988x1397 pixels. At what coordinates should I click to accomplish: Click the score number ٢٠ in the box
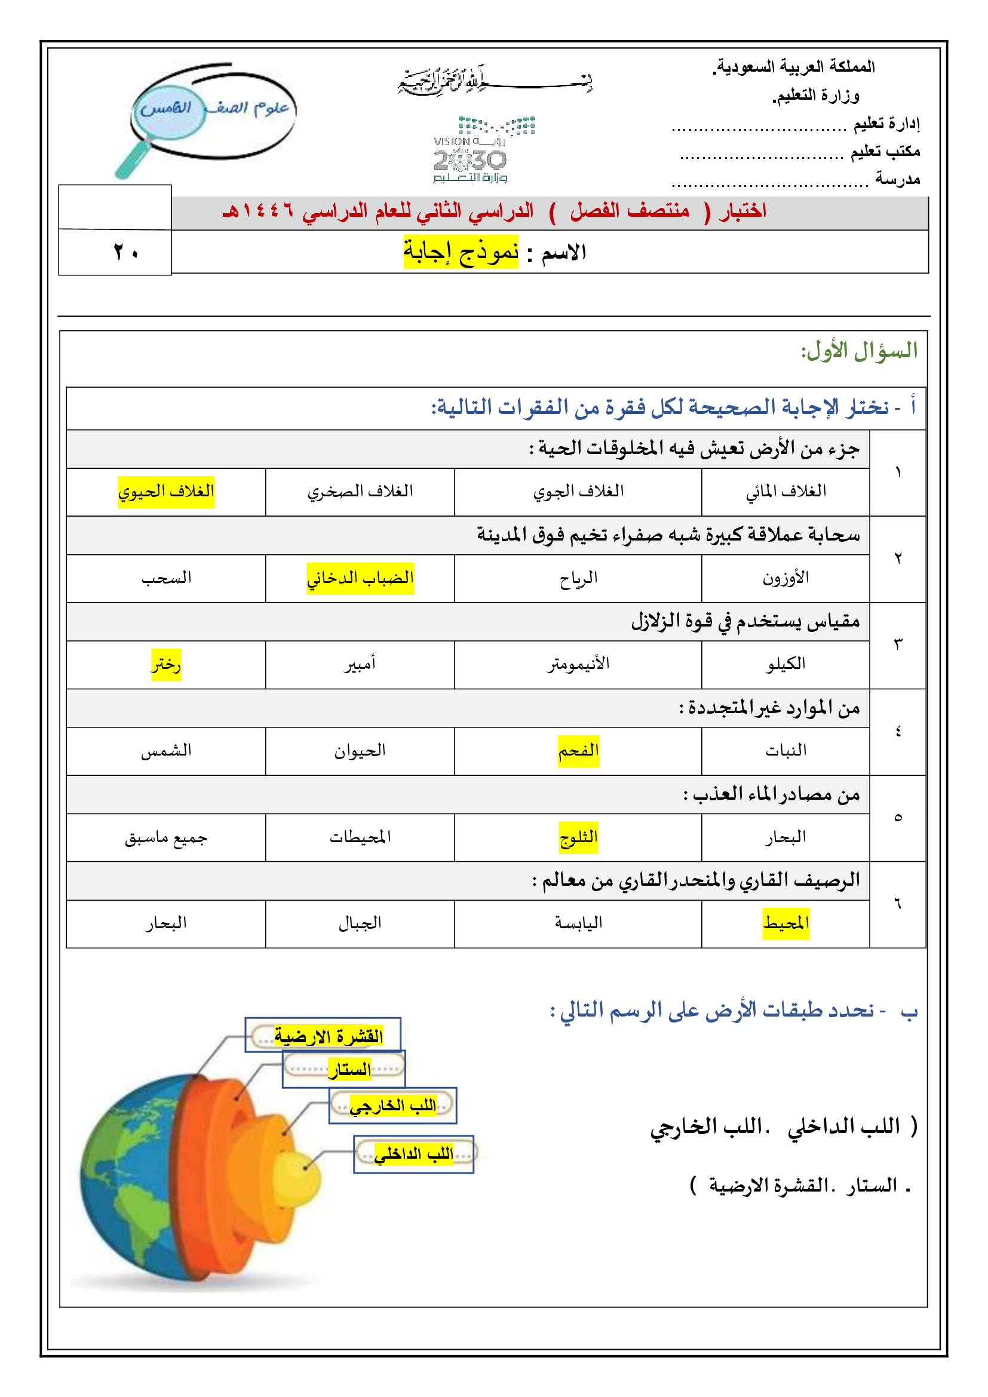(126, 252)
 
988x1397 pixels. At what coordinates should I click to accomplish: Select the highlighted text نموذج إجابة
(461, 252)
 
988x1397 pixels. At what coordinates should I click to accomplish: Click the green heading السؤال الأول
(858, 351)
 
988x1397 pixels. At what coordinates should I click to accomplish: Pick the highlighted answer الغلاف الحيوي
(166, 492)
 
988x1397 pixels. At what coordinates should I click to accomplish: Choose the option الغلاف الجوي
(578, 492)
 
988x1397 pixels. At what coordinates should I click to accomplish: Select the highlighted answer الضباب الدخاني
(360, 578)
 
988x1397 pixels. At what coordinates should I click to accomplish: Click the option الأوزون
(786, 578)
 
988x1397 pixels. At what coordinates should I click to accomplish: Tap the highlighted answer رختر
(166, 664)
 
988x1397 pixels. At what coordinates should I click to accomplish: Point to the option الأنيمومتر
(578, 664)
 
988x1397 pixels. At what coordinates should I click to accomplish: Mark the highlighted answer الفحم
(578, 751)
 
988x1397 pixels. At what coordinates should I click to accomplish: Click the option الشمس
(166, 751)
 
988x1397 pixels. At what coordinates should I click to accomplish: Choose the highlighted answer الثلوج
(578, 837)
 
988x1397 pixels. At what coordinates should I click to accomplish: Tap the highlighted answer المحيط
(786, 923)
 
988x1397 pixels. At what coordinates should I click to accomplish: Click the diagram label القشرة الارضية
(328, 1036)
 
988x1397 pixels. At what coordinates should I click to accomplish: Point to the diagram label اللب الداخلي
(413, 1155)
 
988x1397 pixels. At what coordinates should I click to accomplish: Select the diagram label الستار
(349, 1070)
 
